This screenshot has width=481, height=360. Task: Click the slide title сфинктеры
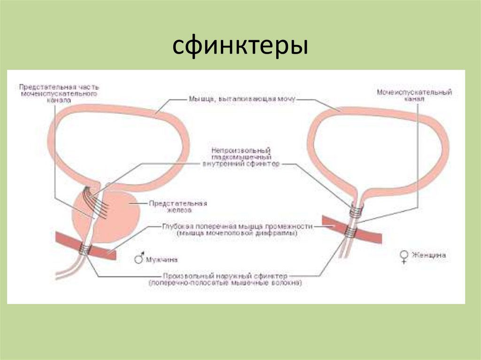click(240, 47)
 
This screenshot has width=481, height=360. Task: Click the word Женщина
click(429, 256)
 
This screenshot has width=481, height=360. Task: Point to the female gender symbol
click(403, 256)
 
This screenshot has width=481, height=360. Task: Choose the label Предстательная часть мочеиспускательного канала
click(59, 93)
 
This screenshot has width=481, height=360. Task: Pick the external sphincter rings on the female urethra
click(350, 230)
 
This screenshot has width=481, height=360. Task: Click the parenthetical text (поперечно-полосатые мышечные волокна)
click(225, 283)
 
